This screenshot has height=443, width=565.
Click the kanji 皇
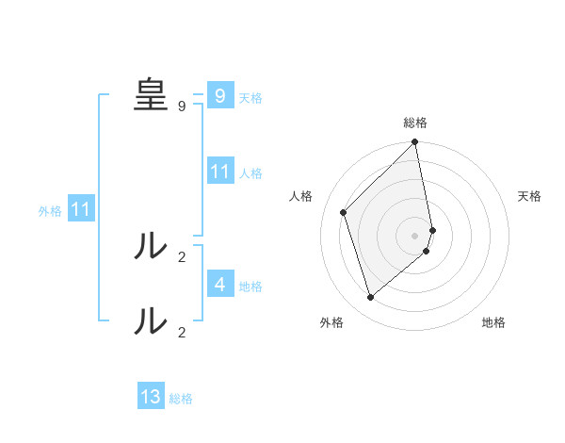point(150,95)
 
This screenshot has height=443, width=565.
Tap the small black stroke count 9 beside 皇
point(182,107)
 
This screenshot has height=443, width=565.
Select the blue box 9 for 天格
point(219,95)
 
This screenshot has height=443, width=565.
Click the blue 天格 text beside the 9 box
point(250,97)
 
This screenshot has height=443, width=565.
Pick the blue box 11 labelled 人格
point(219,172)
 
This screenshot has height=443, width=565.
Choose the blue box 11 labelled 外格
point(80,209)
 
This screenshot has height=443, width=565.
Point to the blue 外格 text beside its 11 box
point(50,211)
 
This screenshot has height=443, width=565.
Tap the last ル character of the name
point(150,321)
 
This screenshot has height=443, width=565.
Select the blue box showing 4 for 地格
point(219,284)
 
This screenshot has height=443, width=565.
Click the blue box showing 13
point(151,397)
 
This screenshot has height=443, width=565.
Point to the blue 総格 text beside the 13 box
point(181,399)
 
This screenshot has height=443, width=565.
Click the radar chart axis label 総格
point(415,123)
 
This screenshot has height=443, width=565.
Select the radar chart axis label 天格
point(530,196)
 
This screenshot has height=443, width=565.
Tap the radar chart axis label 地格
point(493,322)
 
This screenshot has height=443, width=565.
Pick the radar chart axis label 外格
point(331,322)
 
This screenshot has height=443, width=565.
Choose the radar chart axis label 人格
point(300,196)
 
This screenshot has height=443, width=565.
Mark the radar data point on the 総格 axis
point(415,143)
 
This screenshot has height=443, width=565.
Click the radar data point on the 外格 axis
point(371,298)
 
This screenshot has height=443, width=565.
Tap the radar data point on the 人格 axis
point(344,212)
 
